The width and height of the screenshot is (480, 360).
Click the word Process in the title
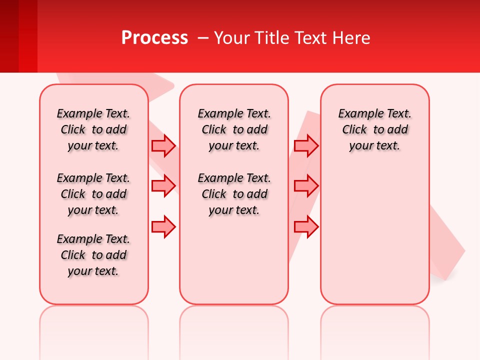(x=154, y=37)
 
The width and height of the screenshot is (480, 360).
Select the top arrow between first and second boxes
(x=163, y=145)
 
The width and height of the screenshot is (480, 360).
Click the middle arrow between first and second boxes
(x=163, y=186)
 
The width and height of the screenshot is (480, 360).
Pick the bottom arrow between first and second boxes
(x=163, y=226)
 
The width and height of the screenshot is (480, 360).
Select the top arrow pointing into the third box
(x=306, y=145)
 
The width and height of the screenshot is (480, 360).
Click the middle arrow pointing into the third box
(x=306, y=186)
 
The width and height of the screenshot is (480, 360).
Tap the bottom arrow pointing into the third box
(x=306, y=226)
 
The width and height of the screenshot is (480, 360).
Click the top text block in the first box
(x=93, y=129)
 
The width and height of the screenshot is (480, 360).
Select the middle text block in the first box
(x=93, y=194)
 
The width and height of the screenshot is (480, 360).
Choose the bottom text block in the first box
(x=93, y=255)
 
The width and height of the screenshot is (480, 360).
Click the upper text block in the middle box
(x=234, y=129)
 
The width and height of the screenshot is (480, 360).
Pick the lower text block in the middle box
(x=234, y=194)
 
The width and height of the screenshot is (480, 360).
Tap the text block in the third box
(x=374, y=129)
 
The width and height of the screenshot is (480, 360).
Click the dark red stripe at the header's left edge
(x=9, y=36)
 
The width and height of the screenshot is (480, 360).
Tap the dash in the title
(x=203, y=37)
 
